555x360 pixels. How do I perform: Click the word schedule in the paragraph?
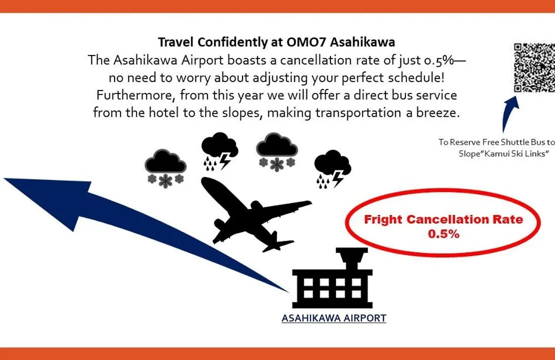pyautogui.click(x=415, y=78)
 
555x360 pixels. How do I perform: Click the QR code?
pyautogui.click(x=534, y=67)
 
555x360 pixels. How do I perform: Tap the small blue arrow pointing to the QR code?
pyautogui.click(x=510, y=113)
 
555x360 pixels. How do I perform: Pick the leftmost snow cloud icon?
pyautogui.click(x=165, y=168)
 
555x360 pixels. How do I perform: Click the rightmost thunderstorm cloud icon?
pyautogui.click(x=332, y=169)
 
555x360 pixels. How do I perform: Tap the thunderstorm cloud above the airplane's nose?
pyautogui.click(x=219, y=151)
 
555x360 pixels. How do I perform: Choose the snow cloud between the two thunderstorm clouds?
pyautogui.click(x=277, y=152)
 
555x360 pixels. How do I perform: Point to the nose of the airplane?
pyautogui.click(x=205, y=182)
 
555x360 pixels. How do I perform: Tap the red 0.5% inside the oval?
pyautogui.click(x=443, y=234)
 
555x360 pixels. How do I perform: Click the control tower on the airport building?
pyautogui.click(x=352, y=259)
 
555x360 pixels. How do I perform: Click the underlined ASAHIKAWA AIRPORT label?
pyautogui.click(x=334, y=318)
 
